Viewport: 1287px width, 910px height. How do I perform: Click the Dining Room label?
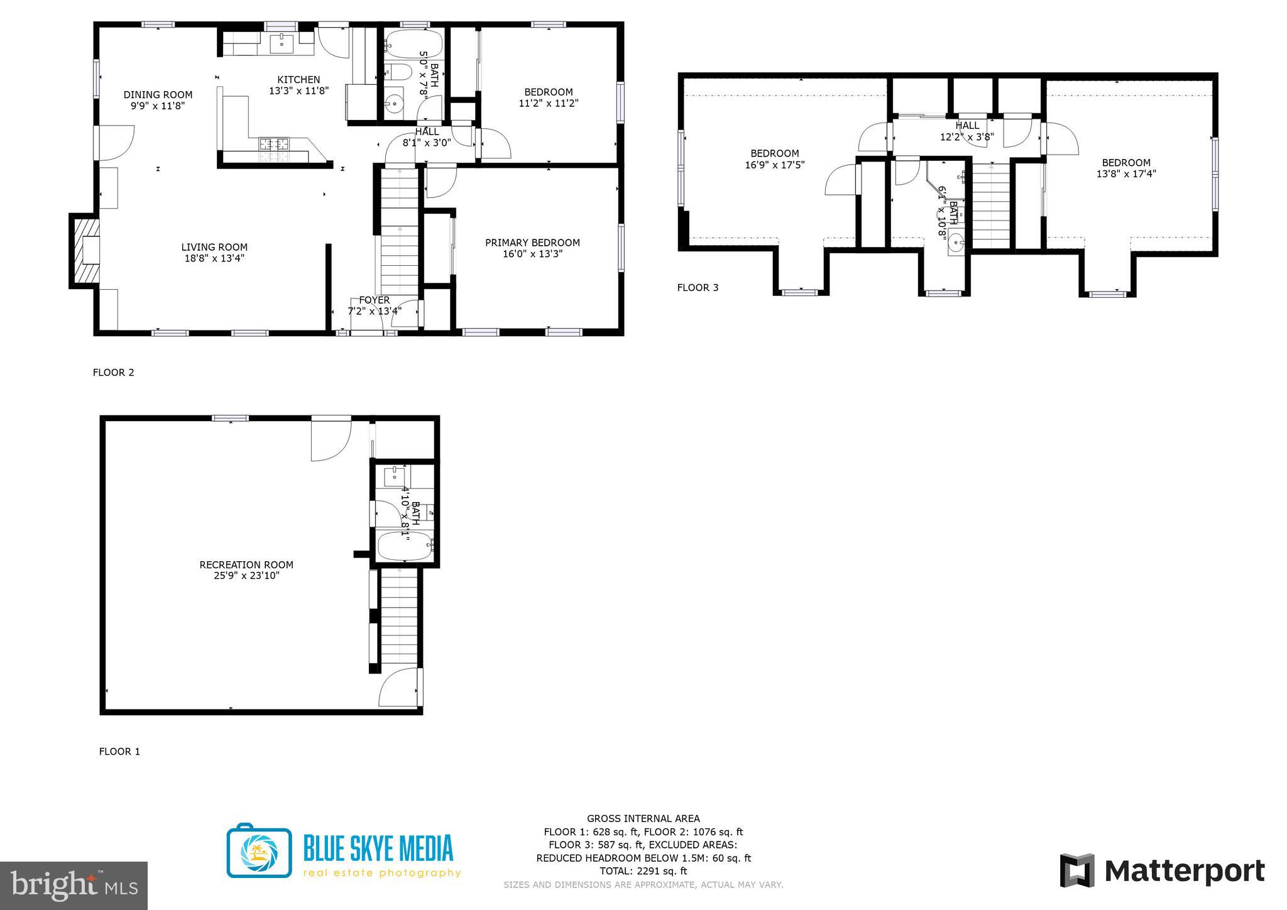click(158, 95)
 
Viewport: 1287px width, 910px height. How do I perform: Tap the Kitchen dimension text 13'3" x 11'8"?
click(298, 90)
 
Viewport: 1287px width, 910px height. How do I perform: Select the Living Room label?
click(214, 247)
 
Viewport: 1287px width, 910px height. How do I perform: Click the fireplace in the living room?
click(85, 251)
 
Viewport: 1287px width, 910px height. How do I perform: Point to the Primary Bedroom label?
click(532, 243)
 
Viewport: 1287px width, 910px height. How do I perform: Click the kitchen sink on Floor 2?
click(282, 44)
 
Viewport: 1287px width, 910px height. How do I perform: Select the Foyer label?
click(375, 300)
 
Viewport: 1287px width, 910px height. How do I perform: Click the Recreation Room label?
click(246, 564)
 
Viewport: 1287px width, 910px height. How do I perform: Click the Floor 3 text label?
click(698, 288)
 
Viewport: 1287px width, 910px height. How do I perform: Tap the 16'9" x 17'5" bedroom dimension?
click(775, 165)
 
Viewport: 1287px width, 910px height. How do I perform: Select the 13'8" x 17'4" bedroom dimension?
click(1126, 174)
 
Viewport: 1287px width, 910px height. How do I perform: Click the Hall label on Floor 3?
click(967, 126)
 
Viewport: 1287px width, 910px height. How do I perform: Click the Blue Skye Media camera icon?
click(259, 850)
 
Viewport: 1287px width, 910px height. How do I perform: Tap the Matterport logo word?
click(1184, 871)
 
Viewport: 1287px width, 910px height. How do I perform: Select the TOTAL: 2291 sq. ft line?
click(643, 871)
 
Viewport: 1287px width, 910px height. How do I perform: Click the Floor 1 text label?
click(119, 752)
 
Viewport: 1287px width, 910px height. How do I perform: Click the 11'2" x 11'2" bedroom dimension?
click(548, 103)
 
